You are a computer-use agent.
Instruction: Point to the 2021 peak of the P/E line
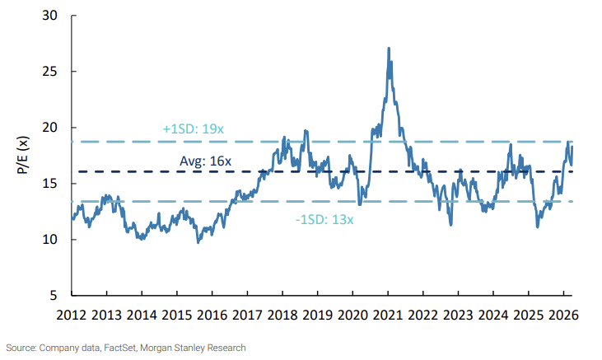[388, 48]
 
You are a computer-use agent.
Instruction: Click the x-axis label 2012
[72, 314]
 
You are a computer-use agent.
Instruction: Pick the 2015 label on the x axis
[177, 314]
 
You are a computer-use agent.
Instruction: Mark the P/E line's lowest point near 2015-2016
[198, 242]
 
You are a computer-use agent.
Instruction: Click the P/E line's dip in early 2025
[538, 227]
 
